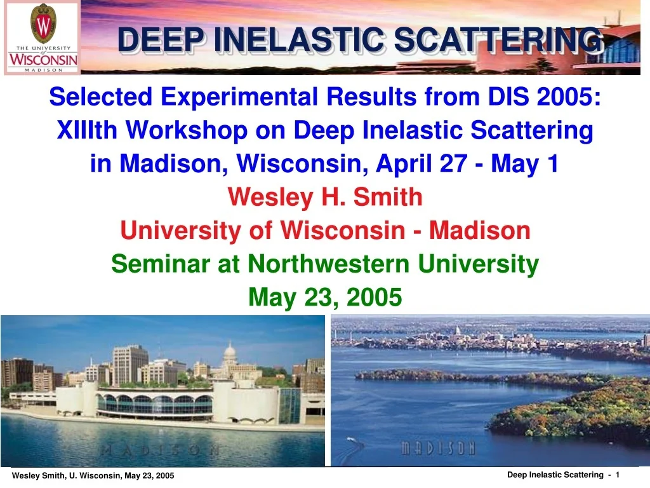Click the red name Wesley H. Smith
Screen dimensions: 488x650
[325, 198]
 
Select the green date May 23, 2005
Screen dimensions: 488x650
[325, 296]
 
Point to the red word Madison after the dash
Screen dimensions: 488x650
[479, 231]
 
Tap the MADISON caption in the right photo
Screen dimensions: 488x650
[438, 449]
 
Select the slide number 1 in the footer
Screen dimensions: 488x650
[617, 475]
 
